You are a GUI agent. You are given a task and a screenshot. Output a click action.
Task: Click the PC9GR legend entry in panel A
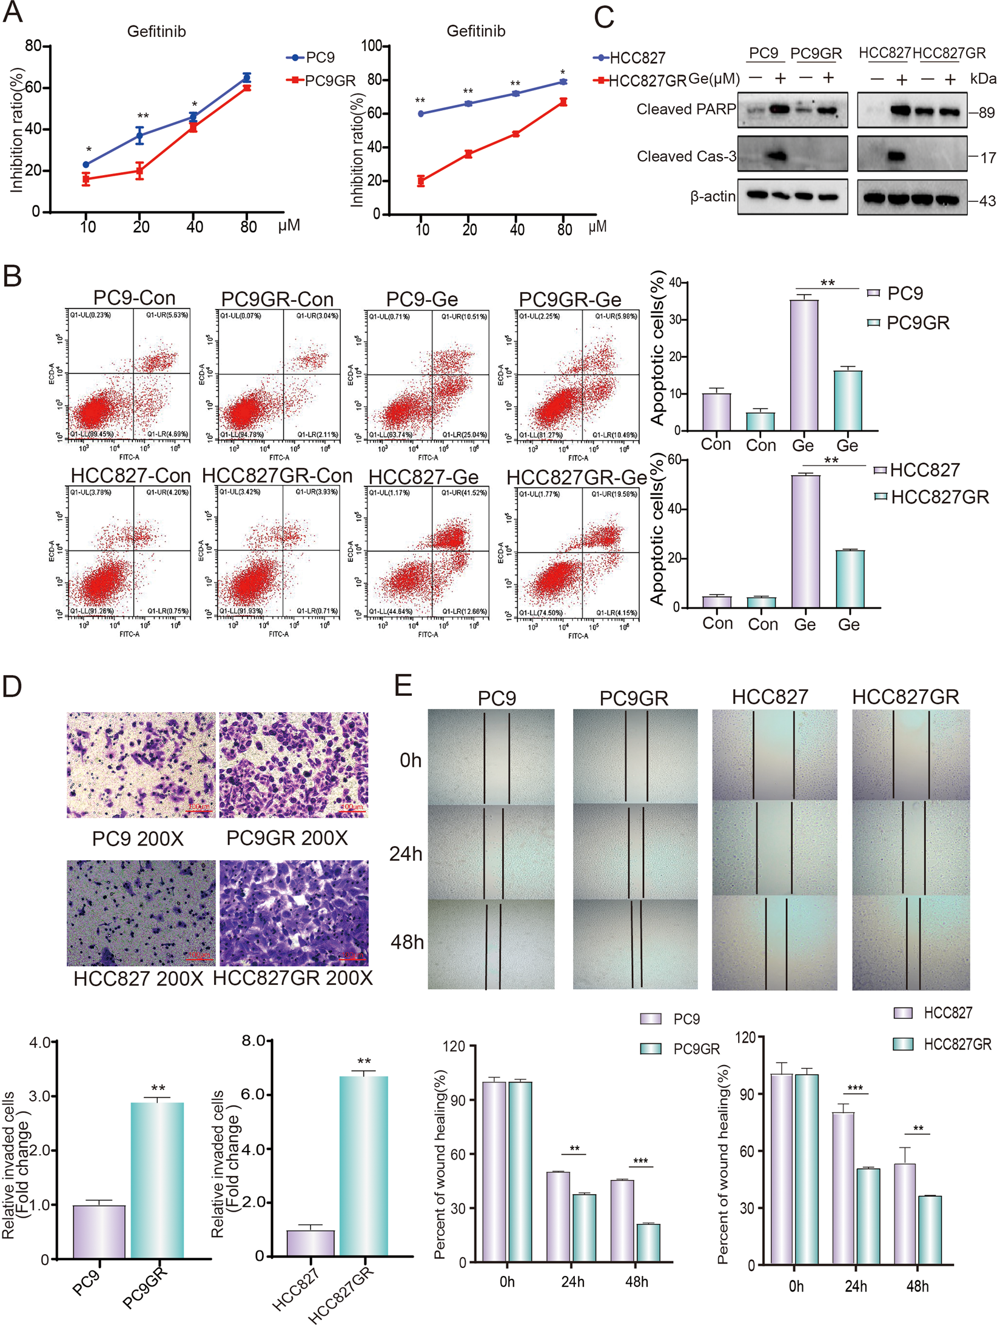pos(329,81)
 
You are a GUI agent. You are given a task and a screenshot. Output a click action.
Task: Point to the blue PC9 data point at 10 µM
pos(86,164)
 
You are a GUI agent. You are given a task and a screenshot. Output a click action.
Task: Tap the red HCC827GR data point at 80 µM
pos(563,102)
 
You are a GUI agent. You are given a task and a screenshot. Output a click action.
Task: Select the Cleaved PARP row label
pos(685,110)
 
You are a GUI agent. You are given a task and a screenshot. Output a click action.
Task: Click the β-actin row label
pos(712,196)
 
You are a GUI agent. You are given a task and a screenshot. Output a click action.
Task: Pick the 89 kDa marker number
pos(986,113)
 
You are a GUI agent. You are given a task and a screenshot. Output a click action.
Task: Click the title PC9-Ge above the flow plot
pos(421,299)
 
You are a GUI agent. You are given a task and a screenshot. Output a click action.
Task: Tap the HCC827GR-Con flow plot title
pos(277,476)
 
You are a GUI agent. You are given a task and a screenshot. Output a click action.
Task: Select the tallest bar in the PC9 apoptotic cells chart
pos(804,364)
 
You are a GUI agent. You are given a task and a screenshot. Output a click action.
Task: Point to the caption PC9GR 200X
pos(287,838)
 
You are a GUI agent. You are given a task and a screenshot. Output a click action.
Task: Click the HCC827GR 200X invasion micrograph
pos(294,912)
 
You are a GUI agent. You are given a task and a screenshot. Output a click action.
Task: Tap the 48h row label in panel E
pos(407,942)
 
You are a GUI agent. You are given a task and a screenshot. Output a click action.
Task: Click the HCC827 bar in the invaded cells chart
pos(310,1242)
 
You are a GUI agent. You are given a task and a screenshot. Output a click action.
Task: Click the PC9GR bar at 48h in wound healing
pos(648,1243)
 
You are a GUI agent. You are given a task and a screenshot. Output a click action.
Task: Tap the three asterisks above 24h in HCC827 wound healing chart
pos(854,1088)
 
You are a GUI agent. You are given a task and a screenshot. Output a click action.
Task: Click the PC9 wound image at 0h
pos(491,756)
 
